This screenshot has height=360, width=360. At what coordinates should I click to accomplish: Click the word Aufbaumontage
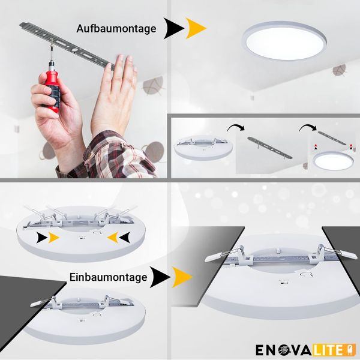click(x=116, y=29)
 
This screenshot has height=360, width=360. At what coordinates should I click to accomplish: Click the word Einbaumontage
click(x=108, y=277)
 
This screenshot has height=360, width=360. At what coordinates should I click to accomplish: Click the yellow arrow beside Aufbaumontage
click(x=195, y=28)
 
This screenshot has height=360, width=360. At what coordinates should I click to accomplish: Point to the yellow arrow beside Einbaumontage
click(x=182, y=277)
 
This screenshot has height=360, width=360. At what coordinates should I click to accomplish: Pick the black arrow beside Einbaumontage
click(x=160, y=277)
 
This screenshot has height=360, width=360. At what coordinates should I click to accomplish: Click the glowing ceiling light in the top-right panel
click(x=284, y=41)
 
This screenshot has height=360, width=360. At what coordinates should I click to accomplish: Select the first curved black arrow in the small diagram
click(x=236, y=128)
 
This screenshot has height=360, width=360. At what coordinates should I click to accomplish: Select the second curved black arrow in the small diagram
click(x=308, y=128)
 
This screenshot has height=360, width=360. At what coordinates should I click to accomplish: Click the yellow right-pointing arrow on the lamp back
click(x=53, y=238)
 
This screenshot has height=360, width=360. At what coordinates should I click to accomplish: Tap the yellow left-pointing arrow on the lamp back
click(x=113, y=238)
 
